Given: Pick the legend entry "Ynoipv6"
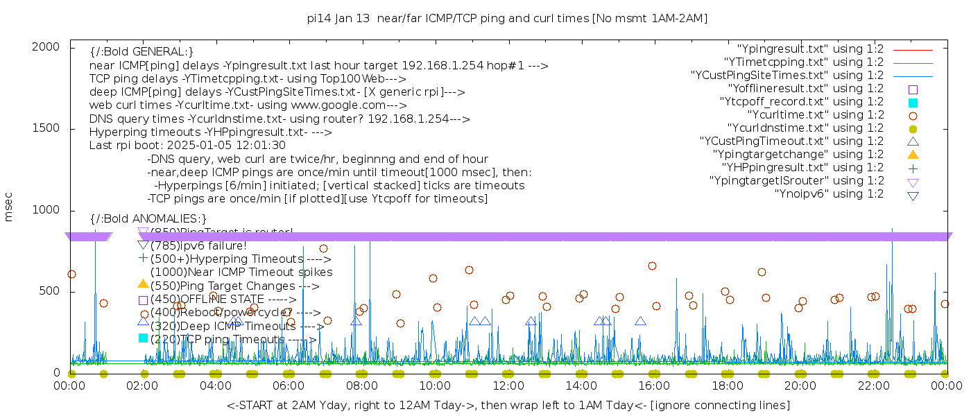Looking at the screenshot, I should point(829,194).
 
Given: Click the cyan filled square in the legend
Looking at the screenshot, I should point(913,102).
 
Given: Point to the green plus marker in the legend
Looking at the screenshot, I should point(913,168).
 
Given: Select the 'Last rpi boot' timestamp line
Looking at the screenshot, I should point(187,146).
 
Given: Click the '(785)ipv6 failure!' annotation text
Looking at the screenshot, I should point(198,246).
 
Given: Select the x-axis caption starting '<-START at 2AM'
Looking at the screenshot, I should point(508,405).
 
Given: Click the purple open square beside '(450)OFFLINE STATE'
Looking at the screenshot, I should point(144,300).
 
